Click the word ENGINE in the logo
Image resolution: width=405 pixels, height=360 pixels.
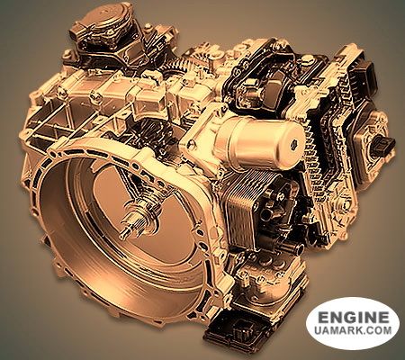point(353,318)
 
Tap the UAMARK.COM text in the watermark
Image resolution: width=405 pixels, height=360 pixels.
point(353,330)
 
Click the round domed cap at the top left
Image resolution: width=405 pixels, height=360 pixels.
point(112,18)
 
